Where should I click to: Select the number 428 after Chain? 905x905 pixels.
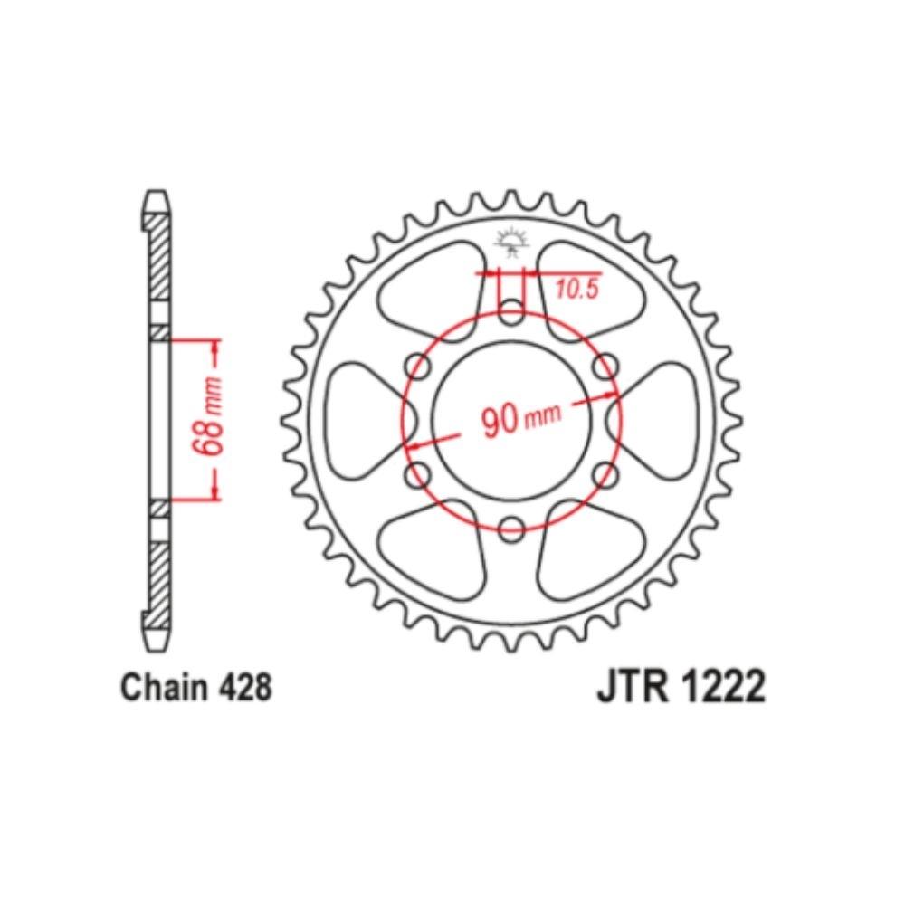pos(244,689)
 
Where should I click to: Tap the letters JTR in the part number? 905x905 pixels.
pos(627,688)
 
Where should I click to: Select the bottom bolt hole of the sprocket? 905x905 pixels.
pos(512,527)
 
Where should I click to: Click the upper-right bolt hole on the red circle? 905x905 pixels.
pos(605,367)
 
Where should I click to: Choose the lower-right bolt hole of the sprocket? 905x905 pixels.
pos(605,473)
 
